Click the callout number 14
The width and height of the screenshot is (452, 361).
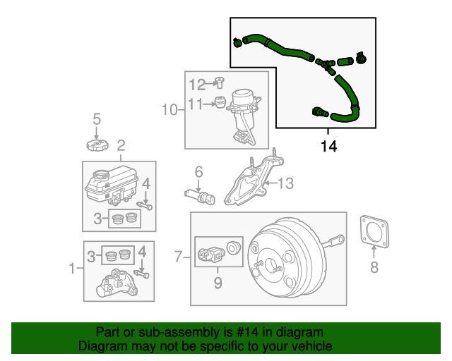click(328, 147)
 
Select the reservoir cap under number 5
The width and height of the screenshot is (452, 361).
click(96, 145)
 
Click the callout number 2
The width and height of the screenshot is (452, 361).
click(121, 146)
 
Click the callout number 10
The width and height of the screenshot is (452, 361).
click(170, 109)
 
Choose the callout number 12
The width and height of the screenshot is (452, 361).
click(196, 84)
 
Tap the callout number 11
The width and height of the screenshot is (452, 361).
click(196, 104)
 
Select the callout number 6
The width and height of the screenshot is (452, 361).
click(198, 171)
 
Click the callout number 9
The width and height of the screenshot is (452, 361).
click(218, 283)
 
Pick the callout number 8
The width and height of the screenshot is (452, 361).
click(374, 267)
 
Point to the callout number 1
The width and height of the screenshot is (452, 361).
click(71, 268)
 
